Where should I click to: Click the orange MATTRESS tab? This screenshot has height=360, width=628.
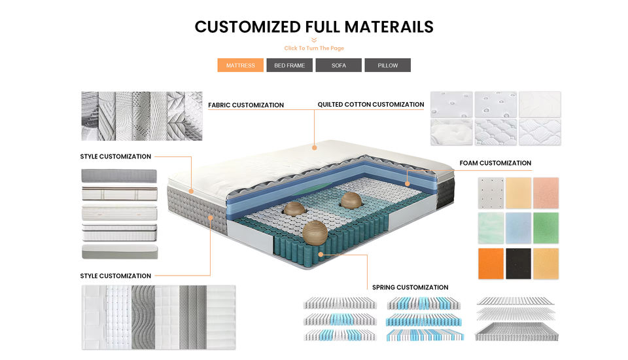240,65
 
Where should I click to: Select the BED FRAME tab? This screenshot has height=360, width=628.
289,65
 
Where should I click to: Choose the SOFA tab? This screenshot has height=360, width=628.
338,65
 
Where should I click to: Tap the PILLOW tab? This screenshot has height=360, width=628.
387,65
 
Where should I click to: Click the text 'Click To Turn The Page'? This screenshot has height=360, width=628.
314,48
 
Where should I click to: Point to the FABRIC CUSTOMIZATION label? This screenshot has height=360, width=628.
246,105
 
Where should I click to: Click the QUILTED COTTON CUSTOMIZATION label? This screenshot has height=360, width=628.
371,105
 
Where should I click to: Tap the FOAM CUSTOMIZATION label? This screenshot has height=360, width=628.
495,163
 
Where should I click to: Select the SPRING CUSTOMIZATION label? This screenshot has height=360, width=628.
410,287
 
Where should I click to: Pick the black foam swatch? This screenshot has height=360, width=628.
518,264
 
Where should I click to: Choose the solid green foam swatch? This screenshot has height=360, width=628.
546,228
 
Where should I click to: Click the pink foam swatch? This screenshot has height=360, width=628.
546,192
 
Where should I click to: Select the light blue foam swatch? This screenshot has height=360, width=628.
518,228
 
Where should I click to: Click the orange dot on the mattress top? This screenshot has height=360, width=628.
315,146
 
